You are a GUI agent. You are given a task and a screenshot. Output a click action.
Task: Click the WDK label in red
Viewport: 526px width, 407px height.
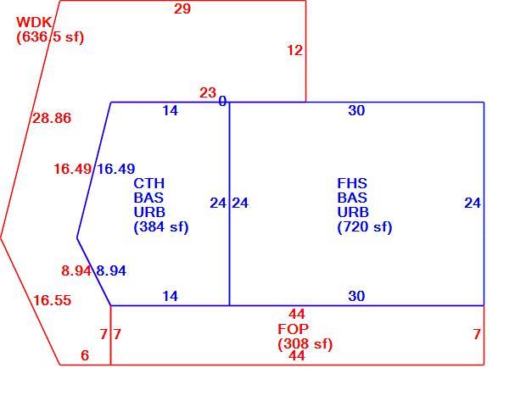[x=34, y=22]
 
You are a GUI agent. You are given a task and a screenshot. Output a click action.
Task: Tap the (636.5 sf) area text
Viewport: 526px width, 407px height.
[x=50, y=36]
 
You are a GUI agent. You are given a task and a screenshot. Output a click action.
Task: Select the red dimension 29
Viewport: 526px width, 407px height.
[x=182, y=8]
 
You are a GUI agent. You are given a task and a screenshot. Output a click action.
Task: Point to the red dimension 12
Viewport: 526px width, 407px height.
[x=295, y=50]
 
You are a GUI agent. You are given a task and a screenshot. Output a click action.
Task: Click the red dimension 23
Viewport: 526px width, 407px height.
[x=208, y=92]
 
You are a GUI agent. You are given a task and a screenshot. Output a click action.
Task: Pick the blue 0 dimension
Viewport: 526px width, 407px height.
[x=222, y=101]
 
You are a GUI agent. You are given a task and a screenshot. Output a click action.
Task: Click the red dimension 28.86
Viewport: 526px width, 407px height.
[x=52, y=118]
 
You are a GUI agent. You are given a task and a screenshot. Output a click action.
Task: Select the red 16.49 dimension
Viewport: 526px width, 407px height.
[x=72, y=169]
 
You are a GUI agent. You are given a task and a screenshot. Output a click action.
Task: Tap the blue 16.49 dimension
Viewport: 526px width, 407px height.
[x=116, y=169]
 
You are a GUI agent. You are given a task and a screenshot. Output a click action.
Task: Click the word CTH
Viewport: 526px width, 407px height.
[x=149, y=183]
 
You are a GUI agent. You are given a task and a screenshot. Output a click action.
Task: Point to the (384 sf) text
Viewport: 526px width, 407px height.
[x=161, y=227]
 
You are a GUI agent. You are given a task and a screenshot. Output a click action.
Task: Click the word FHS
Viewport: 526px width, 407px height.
[x=352, y=183]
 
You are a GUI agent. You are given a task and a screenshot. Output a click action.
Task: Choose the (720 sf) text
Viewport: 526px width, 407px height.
[x=365, y=227]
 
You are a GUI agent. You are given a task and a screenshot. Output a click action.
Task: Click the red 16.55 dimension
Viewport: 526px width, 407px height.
[x=52, y=300]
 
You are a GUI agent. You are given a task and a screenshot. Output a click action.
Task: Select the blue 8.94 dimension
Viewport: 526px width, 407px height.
[x=111, y=270]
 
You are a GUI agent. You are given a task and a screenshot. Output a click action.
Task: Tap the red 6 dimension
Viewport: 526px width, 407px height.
[x=85, y=355]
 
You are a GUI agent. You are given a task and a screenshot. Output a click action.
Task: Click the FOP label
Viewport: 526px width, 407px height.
[x=294, y=329]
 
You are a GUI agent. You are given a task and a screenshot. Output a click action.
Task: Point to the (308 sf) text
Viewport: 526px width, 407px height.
[x=305, y=344]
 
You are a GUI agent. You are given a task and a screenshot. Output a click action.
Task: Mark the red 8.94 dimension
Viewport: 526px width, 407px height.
[x=76, y=270]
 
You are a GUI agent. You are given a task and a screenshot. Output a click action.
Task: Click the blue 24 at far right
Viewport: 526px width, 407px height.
[x=473, y=203]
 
